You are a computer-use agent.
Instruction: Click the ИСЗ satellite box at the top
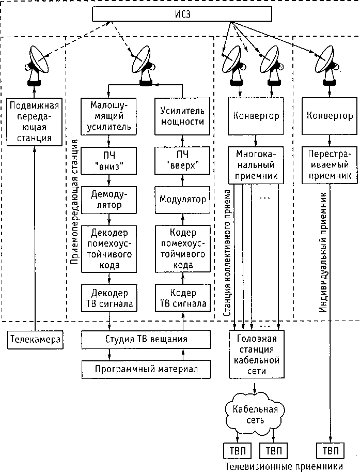tap(182, 14)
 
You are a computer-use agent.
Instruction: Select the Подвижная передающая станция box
tap(34, 122)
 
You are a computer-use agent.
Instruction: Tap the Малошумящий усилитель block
tap(109, 116)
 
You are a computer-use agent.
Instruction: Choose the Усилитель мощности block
tap(182, 116)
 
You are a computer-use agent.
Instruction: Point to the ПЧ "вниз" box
tap(109, 160)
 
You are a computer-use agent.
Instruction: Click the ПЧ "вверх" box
tap(182, 160)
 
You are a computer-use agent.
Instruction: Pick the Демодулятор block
tap(109, 200)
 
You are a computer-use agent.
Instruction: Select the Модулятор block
tap(182, 200)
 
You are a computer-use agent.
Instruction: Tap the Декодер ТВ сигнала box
tap(109, 298)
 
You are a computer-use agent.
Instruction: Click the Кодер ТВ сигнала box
tap(182, 298)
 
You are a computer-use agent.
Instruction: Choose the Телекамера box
tap(35, 340)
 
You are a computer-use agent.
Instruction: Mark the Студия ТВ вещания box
tap(146, 340)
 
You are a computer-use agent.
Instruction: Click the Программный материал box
tap(146, 369)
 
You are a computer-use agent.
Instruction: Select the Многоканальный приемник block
tap(256, 165)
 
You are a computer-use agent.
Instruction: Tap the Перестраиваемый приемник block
tap(330, 165)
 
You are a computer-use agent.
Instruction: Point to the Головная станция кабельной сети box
tap(257, 354)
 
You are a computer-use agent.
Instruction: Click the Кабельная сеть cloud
tap(255, 415)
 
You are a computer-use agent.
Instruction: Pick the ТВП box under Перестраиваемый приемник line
tap(330, 451)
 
